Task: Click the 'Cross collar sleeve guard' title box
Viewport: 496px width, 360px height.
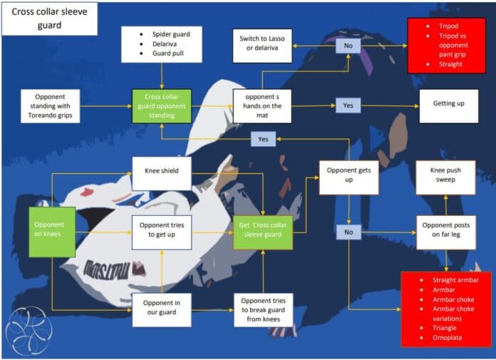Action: pos(50,19)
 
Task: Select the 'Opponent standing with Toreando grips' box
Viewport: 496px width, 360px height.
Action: pos(51,106)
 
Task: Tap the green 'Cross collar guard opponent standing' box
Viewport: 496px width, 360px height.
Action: pos(162,106)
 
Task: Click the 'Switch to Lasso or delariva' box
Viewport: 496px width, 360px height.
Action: pos(262,46)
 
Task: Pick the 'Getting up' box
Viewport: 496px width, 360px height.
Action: pos(449,106)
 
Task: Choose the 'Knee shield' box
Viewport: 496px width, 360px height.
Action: pos(162,174)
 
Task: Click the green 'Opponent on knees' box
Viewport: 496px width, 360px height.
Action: pos(52,232)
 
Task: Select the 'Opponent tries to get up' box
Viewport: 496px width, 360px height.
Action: pos(162,232)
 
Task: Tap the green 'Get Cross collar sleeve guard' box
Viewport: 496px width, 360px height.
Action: pos(263,232)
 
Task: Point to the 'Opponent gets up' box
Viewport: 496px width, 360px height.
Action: pos(349,178)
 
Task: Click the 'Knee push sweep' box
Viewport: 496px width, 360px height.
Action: pos(445,178)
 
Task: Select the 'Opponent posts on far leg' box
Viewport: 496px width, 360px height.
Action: pos(446,232)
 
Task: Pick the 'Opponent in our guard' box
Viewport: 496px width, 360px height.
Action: pos(162,310)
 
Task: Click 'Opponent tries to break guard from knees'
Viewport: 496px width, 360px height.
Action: pos(264,310)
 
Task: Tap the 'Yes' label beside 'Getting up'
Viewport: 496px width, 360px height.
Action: pos(348,106)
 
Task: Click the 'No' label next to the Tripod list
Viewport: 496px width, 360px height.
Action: pos(348,46)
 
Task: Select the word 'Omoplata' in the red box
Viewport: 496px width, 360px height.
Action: pos(447,338)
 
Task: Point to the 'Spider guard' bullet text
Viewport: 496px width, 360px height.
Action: pos(171,34)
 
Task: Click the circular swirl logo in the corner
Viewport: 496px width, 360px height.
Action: pos(29,331)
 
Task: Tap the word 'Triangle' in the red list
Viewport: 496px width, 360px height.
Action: pos(445,328)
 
